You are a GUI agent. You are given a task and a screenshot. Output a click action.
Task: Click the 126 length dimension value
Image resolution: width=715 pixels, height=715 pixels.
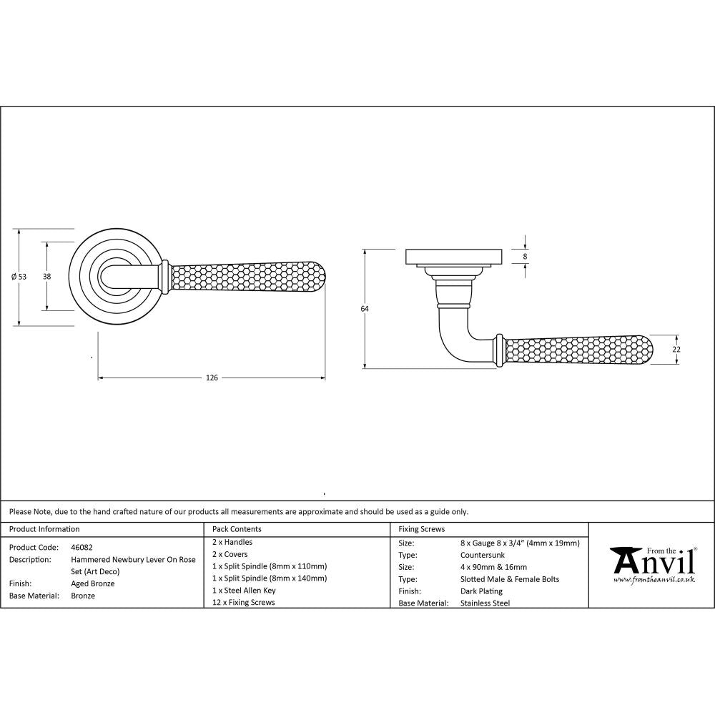click(x=212, y=378)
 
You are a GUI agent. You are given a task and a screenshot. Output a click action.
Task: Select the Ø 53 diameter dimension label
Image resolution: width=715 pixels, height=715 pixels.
click(x=19, y=277)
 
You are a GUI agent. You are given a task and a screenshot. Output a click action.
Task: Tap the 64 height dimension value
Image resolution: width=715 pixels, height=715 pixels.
click(x=365, y=309)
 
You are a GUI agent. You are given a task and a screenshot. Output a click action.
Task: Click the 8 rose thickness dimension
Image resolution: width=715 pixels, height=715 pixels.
click(x=526, y=256)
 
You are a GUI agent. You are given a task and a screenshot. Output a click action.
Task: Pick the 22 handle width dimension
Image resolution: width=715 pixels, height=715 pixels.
click(x=676, y=349)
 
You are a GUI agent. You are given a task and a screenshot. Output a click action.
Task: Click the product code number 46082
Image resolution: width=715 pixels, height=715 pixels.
click(x=82, y=546)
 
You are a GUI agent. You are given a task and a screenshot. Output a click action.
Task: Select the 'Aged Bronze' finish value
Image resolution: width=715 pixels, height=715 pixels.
click(x=92, y=583)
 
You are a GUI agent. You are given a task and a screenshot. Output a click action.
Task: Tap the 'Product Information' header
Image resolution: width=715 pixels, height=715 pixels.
click(x=44, y=529)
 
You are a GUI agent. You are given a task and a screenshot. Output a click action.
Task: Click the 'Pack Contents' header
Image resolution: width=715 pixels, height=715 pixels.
click(x=237, y=529)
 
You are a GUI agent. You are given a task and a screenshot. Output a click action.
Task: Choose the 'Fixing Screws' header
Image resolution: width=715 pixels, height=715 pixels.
click(x=421, y=529)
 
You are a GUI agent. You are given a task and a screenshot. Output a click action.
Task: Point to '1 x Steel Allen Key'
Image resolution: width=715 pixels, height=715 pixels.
click(x=244, y=591)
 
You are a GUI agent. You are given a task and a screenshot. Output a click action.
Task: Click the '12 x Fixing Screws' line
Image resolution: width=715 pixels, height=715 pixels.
click(x=243, y=603)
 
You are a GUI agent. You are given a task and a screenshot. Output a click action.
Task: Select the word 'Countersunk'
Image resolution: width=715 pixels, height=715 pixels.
click(x=483, y=555)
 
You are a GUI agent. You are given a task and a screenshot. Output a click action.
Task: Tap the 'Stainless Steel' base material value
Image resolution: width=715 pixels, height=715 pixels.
click(x=485, y=603)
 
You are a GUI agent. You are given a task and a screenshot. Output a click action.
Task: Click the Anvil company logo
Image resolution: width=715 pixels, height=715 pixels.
click(x=652, y=564)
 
